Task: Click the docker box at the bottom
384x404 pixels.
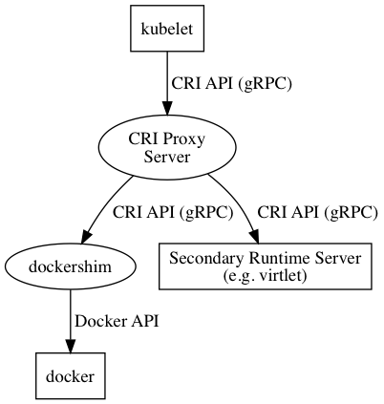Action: pos(70,376)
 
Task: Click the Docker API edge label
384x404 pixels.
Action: pos(117,321)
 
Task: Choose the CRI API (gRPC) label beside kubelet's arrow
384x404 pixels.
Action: pos(231,83)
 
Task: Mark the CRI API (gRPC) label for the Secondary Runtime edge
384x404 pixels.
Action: pos(318,212)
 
